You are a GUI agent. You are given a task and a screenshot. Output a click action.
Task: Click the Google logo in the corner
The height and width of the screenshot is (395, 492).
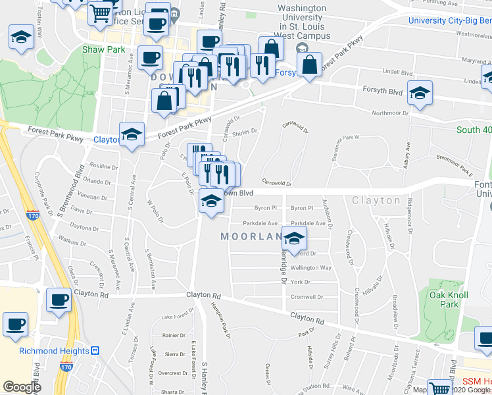[22, 387]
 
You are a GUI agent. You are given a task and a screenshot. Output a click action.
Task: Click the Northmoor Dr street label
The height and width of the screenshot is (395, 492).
[390, 113]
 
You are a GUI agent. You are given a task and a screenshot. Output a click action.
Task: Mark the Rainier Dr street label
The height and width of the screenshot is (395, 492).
[174, 335]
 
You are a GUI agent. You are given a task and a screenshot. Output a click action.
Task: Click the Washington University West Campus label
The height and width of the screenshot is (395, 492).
[301, 21]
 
